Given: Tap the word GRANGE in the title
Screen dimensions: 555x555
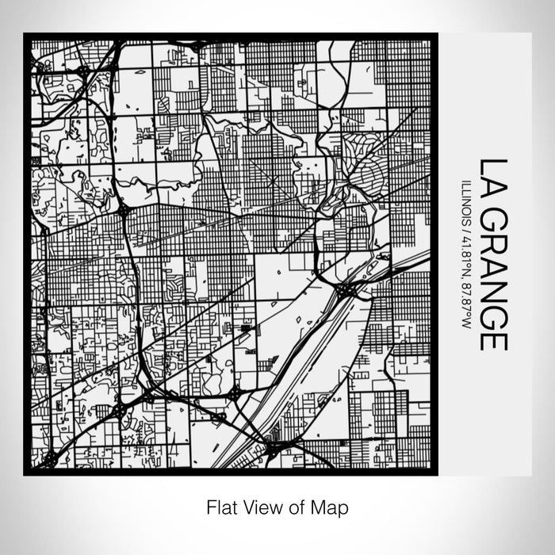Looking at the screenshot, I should coord(492,277).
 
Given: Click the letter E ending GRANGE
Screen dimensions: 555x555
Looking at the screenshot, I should coord(492,339).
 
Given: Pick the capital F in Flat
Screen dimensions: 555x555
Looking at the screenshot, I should coord(212,506).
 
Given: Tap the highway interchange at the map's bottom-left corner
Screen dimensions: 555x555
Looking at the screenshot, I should coord(50,457).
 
